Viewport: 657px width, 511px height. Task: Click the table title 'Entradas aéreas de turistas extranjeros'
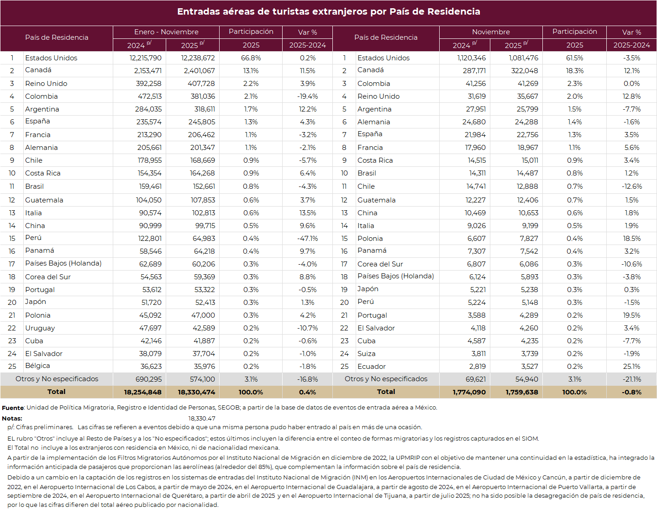point(328,12)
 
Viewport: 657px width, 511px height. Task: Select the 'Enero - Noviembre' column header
point(166,32)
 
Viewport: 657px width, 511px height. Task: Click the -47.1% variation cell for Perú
point(307,239)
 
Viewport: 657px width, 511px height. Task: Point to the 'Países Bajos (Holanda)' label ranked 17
point(63,263)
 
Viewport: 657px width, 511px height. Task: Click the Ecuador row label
point(371,367)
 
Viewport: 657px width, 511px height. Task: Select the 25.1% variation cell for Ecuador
point(631,367)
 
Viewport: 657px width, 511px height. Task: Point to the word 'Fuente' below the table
point(13,408)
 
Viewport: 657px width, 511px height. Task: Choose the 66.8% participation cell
point(251,58)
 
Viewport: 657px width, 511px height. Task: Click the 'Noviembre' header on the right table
point(491,32)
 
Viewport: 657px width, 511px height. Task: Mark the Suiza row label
point(366,354)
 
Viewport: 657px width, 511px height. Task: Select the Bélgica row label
point(37,366)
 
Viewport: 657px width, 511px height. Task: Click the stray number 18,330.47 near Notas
point(202,418)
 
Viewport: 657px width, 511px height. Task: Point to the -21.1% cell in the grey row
point(631,379)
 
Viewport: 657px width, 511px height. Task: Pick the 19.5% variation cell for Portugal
point(631,315)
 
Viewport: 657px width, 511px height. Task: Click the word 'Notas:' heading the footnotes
point(12,418)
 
